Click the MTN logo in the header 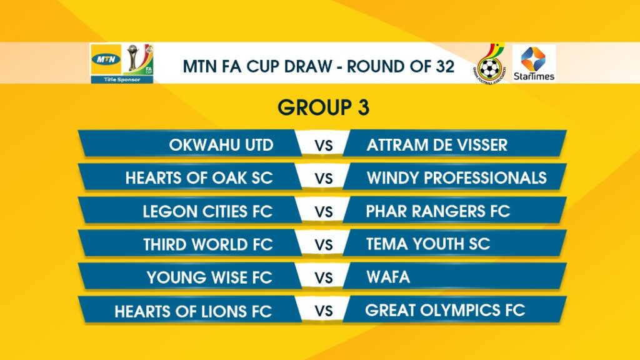coord(106,59)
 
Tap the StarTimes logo coord(534,64)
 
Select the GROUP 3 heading coord(324,107)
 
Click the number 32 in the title coord(444,66)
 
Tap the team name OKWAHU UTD coord(221,145)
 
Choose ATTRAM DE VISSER coord(437,145)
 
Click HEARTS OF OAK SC coord(199,178)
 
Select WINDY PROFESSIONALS coord(456,178)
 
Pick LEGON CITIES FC coord(207,211)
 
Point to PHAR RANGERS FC coord(438,211)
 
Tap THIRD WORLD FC coord(207,244)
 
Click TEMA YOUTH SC coord(427,244)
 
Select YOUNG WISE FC coord(209,277)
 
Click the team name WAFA coord(388,277)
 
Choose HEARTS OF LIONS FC coord(193,311)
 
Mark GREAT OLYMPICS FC coord(445,311)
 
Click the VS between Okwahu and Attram coord(324,146)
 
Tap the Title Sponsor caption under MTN coord(122,79)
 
